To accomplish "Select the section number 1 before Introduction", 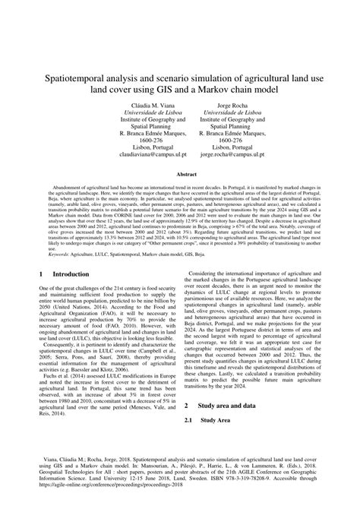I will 40,273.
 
